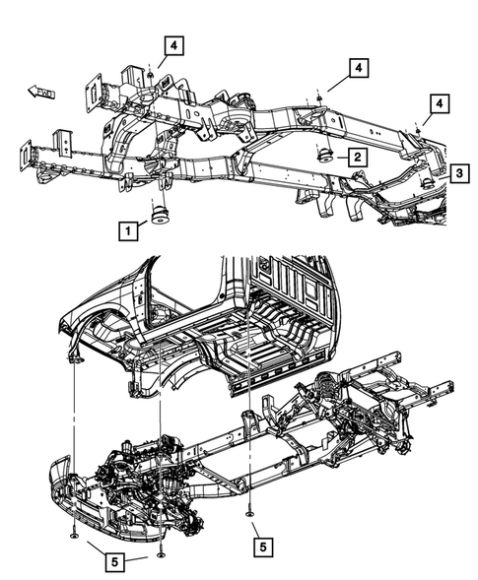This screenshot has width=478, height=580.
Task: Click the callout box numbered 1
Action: (126, 231)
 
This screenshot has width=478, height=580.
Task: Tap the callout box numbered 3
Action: (459, 173)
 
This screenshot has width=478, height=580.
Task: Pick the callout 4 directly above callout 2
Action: (356, 67)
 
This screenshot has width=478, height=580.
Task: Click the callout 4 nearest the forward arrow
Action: (171, 45)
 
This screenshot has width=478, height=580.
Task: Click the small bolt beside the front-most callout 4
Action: (148, 73)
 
